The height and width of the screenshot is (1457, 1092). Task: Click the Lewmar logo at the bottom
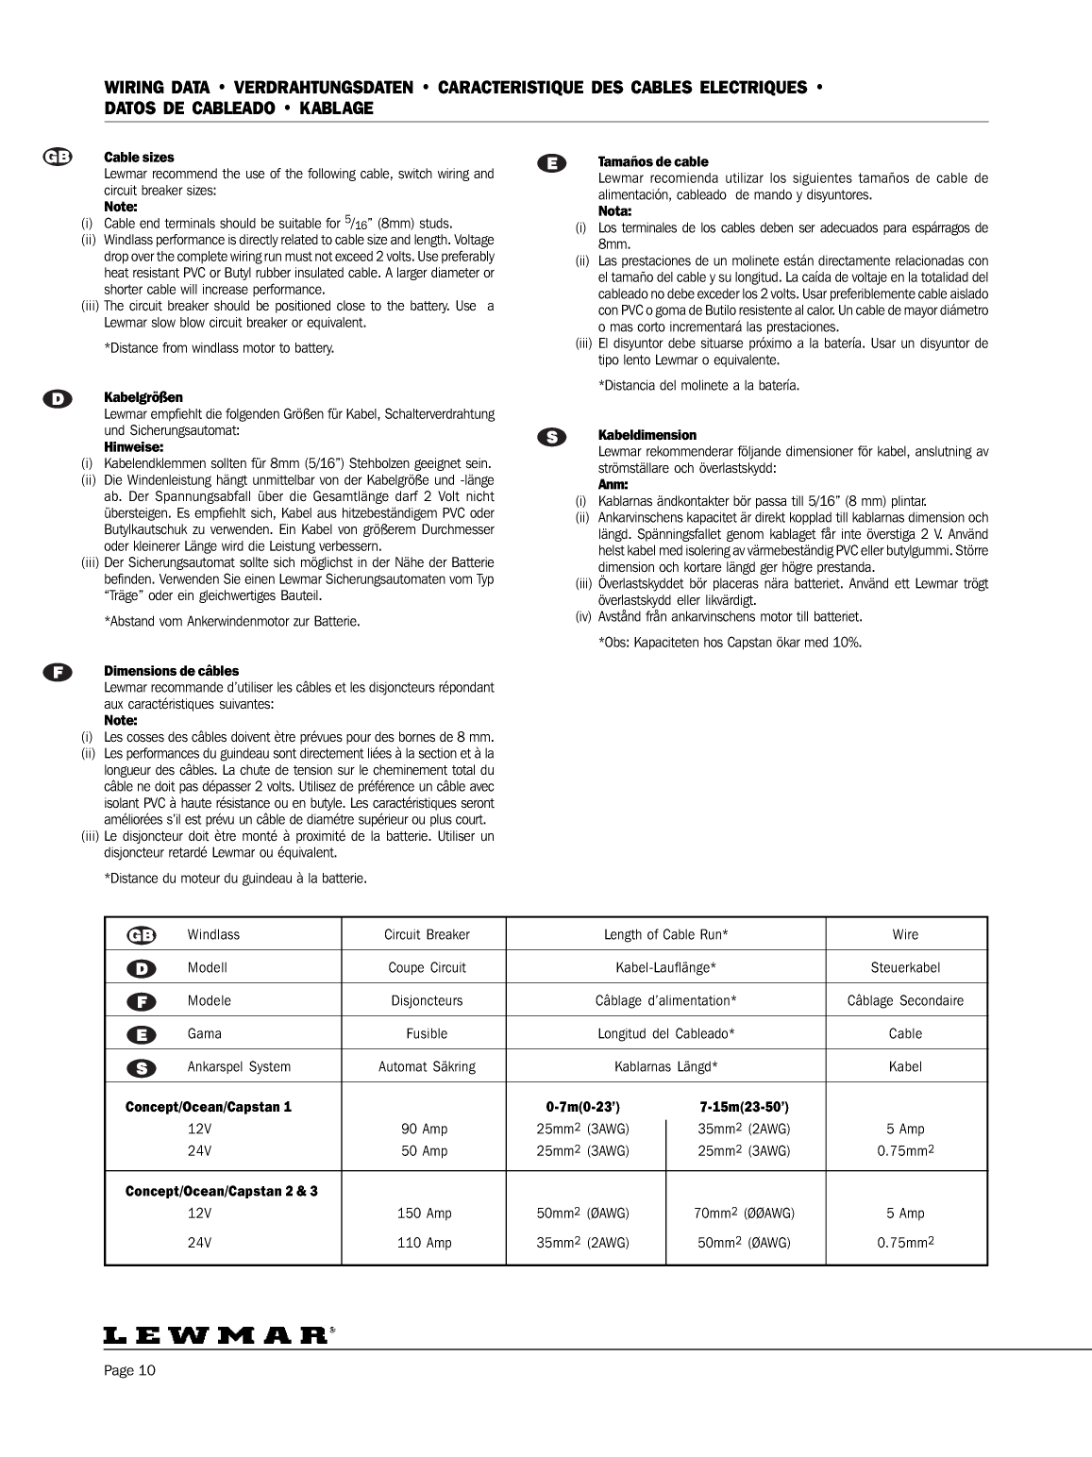(x=218, y=1335)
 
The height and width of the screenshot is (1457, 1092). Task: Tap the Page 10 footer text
(x=129, y=1371)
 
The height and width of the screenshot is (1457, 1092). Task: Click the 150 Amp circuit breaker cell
(x=424, y=1214)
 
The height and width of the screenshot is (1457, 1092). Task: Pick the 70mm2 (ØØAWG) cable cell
(x=744, y=1214)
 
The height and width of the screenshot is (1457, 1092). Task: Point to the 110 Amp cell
(x=424, y=1243)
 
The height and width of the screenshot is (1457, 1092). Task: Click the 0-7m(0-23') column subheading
(x=582, y=1106)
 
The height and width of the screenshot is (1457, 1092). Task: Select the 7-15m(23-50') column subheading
(x=744, y=1106)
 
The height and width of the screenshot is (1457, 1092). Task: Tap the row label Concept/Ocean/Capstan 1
(x=209, y=1106)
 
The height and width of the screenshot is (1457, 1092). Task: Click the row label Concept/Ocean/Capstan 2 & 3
(x=222, y=1191)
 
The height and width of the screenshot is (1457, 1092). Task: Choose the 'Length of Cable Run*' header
(x=665, y=934)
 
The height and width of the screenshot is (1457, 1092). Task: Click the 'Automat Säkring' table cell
(x=427, y=1066)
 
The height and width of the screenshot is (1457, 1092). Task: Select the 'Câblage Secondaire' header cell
(x=905, y=1000)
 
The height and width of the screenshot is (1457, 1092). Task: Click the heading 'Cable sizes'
(x=139, y=158)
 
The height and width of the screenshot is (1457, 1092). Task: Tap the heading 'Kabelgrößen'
(x=143, y=397)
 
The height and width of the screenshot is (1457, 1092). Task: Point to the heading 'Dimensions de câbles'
(x=171, y=671)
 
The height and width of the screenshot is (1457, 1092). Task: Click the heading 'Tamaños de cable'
(x=653, y=161)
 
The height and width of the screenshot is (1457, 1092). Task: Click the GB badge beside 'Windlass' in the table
(x=142, y=934)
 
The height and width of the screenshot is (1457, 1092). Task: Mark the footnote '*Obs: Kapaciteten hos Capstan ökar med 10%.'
(x=730, y=643)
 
